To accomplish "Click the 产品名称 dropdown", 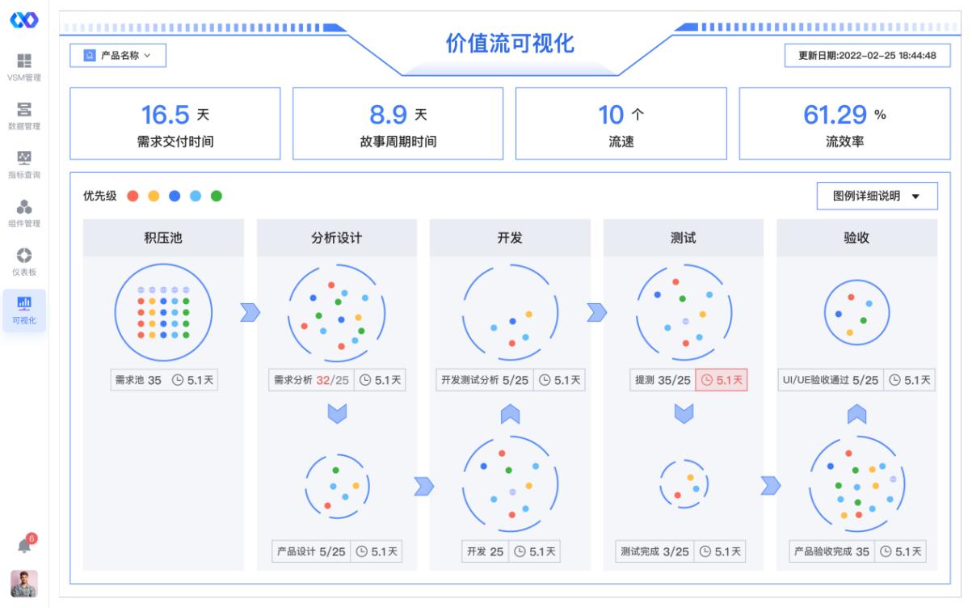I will (118, 56).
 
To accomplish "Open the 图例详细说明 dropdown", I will (877, 196).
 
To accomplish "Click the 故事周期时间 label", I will (398, 142).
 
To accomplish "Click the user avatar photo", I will (24, 583).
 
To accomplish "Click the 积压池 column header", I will (163, 238).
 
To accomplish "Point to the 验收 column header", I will (856, 238).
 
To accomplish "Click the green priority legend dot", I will (217, 196).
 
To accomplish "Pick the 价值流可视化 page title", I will (510, 44).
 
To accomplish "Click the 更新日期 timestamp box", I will (867, 56).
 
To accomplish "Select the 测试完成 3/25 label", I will (654, 551).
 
